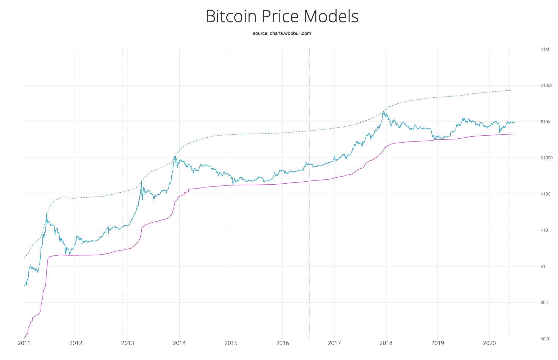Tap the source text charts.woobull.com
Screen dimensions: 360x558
pyautogui.click(x=290, y=33)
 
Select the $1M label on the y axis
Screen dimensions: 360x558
pyautogui.click(x=545, y=49)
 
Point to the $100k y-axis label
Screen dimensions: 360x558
pyautogui.click(x=546, y=85)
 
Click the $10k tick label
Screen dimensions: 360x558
pyautogui.click(x=545, y=122)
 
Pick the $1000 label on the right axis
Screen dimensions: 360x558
pyautogui.click(x=546, y=158)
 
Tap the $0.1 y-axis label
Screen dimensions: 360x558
pyautogui.click(x=545, y=302)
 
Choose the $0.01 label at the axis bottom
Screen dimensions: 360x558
pyautogui.click(x=545, y=339)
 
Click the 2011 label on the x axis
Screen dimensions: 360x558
pyautogui.click(x=24, y=343)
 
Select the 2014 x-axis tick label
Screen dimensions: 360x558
pyautogui.click(x=179, y=343)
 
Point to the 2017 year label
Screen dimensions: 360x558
pyautogui.click(x=334, y=343)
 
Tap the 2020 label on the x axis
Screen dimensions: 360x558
pyautogui.click(x=489, y=343)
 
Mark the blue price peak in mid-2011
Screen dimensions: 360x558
pyautogui.click(x=47, y=214)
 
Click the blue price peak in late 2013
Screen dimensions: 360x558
pyautogui.click(x=175, y=156)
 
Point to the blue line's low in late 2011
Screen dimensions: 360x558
pyautogui.click(x=69, y=254)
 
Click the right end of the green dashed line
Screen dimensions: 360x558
pyautogui.click(x=513, y=90)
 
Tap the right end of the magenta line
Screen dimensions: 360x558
pyautogui.click(x=514, y=134)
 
